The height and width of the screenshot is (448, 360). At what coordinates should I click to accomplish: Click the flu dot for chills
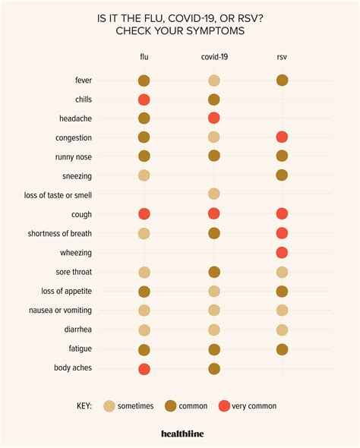pos(144,99)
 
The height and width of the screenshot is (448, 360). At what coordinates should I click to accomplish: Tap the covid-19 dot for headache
pos(214,118)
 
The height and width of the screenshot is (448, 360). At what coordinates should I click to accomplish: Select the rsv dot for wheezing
pos(283,253)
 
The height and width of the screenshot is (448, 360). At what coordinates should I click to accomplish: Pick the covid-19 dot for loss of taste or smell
pos(214,195)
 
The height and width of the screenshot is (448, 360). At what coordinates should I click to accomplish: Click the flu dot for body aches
pos(144,369)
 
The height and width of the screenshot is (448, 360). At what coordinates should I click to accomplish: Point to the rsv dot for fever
pos(283,80)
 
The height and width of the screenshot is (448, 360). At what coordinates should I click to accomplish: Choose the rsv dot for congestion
pos(283,137)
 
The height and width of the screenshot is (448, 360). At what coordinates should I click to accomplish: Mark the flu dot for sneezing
pos(144,175)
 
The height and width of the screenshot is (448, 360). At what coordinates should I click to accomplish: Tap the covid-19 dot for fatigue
pos(214,349)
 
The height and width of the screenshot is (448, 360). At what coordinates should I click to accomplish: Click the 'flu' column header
pos(144,56)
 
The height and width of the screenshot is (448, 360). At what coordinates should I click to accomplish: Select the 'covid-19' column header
pos(214,56)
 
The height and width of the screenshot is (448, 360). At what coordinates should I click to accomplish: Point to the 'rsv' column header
pos(283,56)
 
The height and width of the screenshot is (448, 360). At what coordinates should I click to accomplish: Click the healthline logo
pos(180,434)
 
